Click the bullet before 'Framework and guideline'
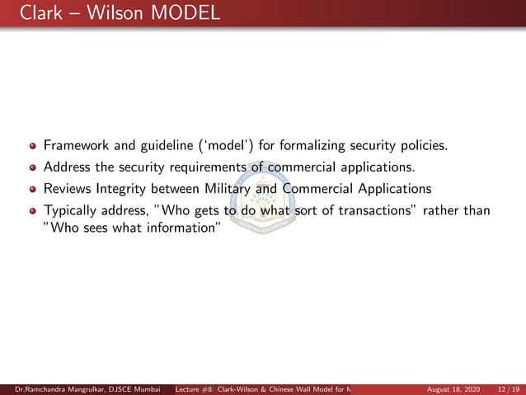coord(33,147)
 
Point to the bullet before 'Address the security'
coord(33,168)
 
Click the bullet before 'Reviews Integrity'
coord(33,189)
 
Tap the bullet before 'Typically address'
coord(33,210)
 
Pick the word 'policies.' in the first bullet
coord(424,147)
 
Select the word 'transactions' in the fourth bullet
coord(372,210)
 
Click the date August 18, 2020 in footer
coord(453,388)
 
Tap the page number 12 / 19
coord(509,388)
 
